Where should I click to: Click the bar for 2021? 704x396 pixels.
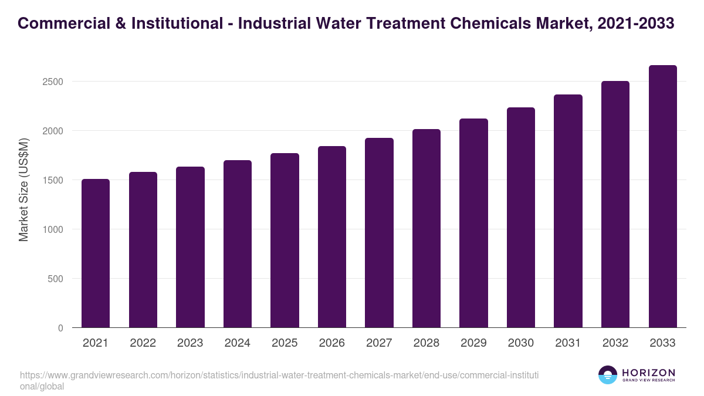96,253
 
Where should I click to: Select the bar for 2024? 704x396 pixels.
238,244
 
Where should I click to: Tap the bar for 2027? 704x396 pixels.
379,233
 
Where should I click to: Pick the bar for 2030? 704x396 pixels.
521,218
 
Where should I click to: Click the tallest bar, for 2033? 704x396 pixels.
663,197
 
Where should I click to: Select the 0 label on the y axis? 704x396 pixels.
60,328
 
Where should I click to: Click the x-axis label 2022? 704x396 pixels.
143,343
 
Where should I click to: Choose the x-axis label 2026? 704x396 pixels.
332,343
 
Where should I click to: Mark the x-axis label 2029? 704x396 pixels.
473,343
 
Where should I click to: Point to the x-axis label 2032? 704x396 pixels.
615,343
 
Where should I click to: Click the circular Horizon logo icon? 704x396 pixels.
608,375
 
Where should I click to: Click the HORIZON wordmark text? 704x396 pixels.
648,372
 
